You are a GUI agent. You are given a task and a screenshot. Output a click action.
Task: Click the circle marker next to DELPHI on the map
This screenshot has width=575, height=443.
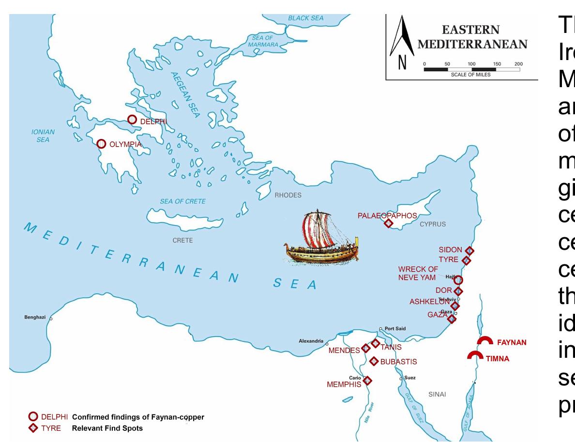132,119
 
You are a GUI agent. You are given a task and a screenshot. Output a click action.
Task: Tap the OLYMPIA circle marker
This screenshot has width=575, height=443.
101,144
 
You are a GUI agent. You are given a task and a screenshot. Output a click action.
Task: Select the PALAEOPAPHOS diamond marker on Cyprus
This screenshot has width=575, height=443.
388,223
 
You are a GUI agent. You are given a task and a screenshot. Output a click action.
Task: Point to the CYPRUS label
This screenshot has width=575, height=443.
432,224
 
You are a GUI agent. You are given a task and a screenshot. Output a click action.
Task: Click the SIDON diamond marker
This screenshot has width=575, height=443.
469,250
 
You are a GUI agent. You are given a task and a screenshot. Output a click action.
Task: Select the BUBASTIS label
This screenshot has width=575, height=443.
398,362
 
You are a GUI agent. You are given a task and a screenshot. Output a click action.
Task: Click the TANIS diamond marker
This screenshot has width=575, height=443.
375,343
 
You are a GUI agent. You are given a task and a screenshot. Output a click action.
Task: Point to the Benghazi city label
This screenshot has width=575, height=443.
35,318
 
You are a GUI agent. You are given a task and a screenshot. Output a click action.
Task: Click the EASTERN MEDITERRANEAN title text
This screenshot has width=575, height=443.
471,36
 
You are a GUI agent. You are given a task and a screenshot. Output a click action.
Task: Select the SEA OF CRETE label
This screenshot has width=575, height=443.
183,201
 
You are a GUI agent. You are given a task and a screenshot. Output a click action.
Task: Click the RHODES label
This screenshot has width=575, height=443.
288,196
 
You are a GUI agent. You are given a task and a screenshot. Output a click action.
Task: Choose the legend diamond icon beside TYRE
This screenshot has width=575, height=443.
32,428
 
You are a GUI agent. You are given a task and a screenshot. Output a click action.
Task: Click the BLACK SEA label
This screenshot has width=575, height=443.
305,18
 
